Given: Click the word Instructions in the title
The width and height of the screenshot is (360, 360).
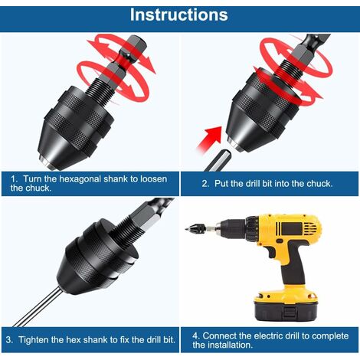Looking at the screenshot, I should (178, 15).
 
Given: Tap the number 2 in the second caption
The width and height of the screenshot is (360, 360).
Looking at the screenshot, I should (205, 184).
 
